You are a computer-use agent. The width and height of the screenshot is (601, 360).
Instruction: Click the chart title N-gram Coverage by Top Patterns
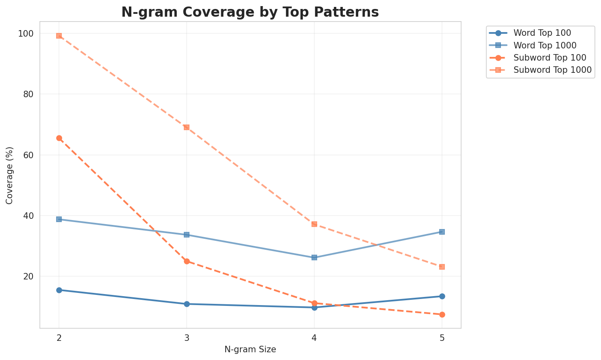click(x=250, y=12)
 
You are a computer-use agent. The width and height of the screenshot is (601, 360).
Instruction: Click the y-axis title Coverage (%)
click(x=10, y=175)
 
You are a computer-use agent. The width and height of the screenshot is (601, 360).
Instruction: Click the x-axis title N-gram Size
click(x=250, y=349)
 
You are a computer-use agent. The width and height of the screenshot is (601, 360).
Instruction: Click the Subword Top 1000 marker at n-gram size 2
click(x=59, y=36)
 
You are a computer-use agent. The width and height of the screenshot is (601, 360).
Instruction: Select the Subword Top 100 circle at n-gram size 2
click(x=59, y=138)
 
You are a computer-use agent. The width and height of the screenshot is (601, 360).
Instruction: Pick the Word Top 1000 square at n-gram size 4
click(x=314, y=257)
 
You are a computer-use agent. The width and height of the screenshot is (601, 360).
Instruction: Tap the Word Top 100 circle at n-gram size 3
click(x=187, y=304)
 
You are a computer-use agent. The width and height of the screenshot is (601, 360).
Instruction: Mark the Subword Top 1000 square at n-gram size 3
click(x=187, y=127)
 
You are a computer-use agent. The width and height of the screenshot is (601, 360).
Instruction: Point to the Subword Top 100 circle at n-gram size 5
click(x=442, y=314)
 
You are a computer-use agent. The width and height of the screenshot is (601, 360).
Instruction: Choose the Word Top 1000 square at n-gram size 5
click(x=442, y=232)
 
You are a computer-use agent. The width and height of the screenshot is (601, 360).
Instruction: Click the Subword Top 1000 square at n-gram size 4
click(x=314, y=224)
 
